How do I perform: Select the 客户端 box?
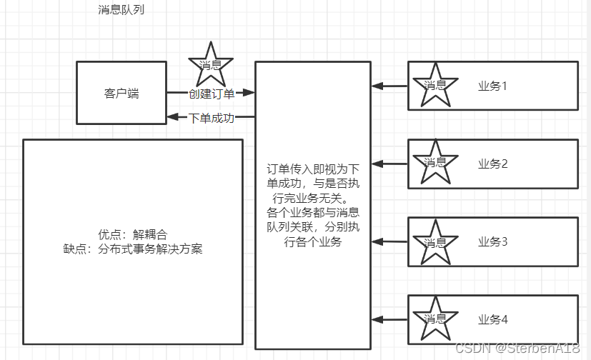tap(121, 93)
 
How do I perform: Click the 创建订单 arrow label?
tap(211, 93)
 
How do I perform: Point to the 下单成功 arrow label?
tap(211, 118)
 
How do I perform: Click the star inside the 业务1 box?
tap(435, 85)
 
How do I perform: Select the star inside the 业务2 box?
tap(435, 163)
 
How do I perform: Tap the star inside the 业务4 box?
tap(435, 319)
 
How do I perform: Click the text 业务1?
tap(492, 86)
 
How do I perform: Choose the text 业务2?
tap(492, 164)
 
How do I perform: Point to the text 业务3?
tap(492, 241)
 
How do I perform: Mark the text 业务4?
tap(492, 319)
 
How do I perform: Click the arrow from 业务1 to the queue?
tap(389, 86)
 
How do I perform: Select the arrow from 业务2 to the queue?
tap(389, 164)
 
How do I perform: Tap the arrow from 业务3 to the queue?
tap(389, 241)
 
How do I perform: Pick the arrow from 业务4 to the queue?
tap(389, 319)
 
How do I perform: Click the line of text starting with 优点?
tap(133, 234)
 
